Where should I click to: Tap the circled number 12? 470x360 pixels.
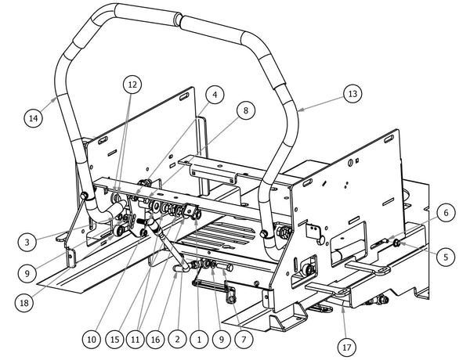click(131, 83)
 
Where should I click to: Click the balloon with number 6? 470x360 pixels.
click(443, 212)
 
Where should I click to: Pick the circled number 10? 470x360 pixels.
click(92, 340)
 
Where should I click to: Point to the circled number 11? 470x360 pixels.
click(136, 340)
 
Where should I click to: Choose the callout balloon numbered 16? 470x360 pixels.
click(157, 340)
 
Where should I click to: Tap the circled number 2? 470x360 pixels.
click(179, 340)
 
